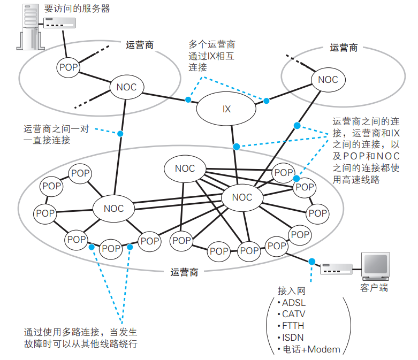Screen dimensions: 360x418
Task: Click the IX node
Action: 226,109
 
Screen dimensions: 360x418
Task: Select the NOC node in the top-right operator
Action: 328,80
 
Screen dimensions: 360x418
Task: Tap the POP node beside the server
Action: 69,67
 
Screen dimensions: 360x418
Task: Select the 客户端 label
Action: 374,289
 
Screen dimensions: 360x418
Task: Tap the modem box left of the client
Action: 336,269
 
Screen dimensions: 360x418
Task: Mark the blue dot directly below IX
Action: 234,146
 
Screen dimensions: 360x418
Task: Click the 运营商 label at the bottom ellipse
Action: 184,272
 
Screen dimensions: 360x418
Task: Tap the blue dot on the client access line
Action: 310,261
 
